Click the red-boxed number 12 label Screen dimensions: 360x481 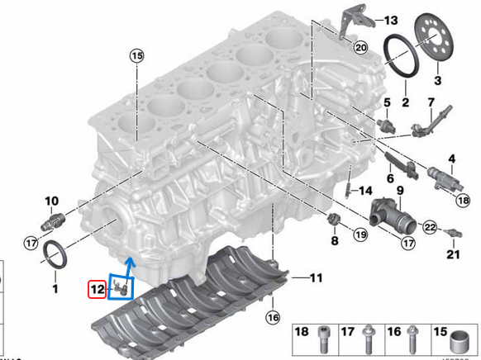[x=98, y=288]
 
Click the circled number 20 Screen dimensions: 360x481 [x=360, y=48]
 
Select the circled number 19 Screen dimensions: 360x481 [x=361, y=234]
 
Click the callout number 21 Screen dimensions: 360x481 [x=451, y=254]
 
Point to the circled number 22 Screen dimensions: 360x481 [x=429, y=226]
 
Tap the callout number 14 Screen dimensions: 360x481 [x=365, y=191]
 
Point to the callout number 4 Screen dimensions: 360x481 [x=452, y=158]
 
